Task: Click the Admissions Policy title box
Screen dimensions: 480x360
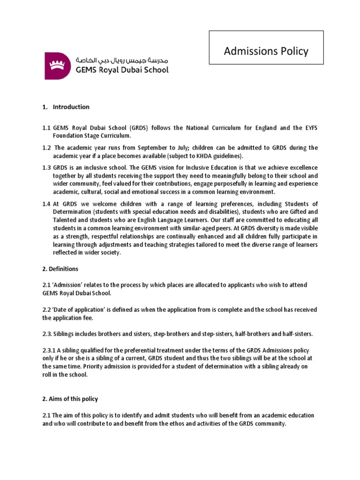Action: tap(266, 51)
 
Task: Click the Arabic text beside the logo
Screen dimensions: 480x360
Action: tap(121, 61)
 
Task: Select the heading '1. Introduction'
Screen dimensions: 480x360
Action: tap(66, 107)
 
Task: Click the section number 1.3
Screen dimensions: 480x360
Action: tap(46, 168)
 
